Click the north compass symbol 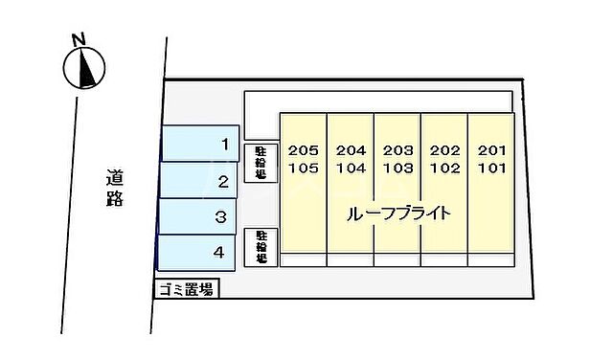pos(84,68)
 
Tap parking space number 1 pos(200,145)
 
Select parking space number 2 pos(199,181)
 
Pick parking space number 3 pos(198,217)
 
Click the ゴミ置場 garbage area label pos(187,288)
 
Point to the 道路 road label pos(115,188)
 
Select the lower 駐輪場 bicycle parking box pos(261,247)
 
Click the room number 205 pos(303,150)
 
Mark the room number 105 pos(303,168)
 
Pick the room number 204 pos(351,150)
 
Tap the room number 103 pos(397,168)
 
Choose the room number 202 pos(444,150)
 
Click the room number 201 pos(491,150)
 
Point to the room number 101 pos(491,168)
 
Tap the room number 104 pos(351,168)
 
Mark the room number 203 pos(397,150)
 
